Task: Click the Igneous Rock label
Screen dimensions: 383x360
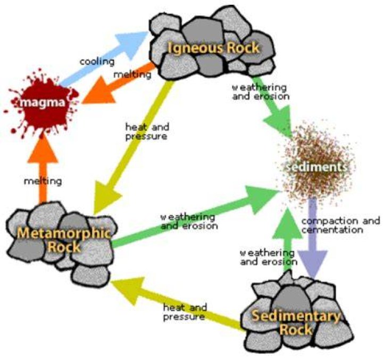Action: click(x=213, y=48)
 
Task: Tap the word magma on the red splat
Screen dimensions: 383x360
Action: click(x=43, y=103)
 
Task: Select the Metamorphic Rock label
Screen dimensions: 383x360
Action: click(x=63, y=240)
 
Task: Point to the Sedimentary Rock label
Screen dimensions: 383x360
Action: click(x=296, y=322)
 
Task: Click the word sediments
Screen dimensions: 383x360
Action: click(x=317, y=167)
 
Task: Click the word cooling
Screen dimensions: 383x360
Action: click(x=97, y=62)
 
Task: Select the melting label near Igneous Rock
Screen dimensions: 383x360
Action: click(x=132, y=75)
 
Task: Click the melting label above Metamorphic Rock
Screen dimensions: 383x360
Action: click(x=43, y=182)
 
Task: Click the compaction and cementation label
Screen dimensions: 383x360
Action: click(x=341, y=225)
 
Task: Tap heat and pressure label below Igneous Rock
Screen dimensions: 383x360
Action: click(x=147, y=132)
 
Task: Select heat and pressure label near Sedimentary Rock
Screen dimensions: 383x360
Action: click(x=185, y=312)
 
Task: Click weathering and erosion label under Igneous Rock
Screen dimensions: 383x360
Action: click(x=261, y=92)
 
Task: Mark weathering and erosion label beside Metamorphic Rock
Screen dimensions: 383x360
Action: click(x=189, y=222)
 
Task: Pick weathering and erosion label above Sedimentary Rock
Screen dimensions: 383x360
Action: click(x=269, y=257)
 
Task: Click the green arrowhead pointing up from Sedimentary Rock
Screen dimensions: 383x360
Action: click(x=287, y=223)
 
